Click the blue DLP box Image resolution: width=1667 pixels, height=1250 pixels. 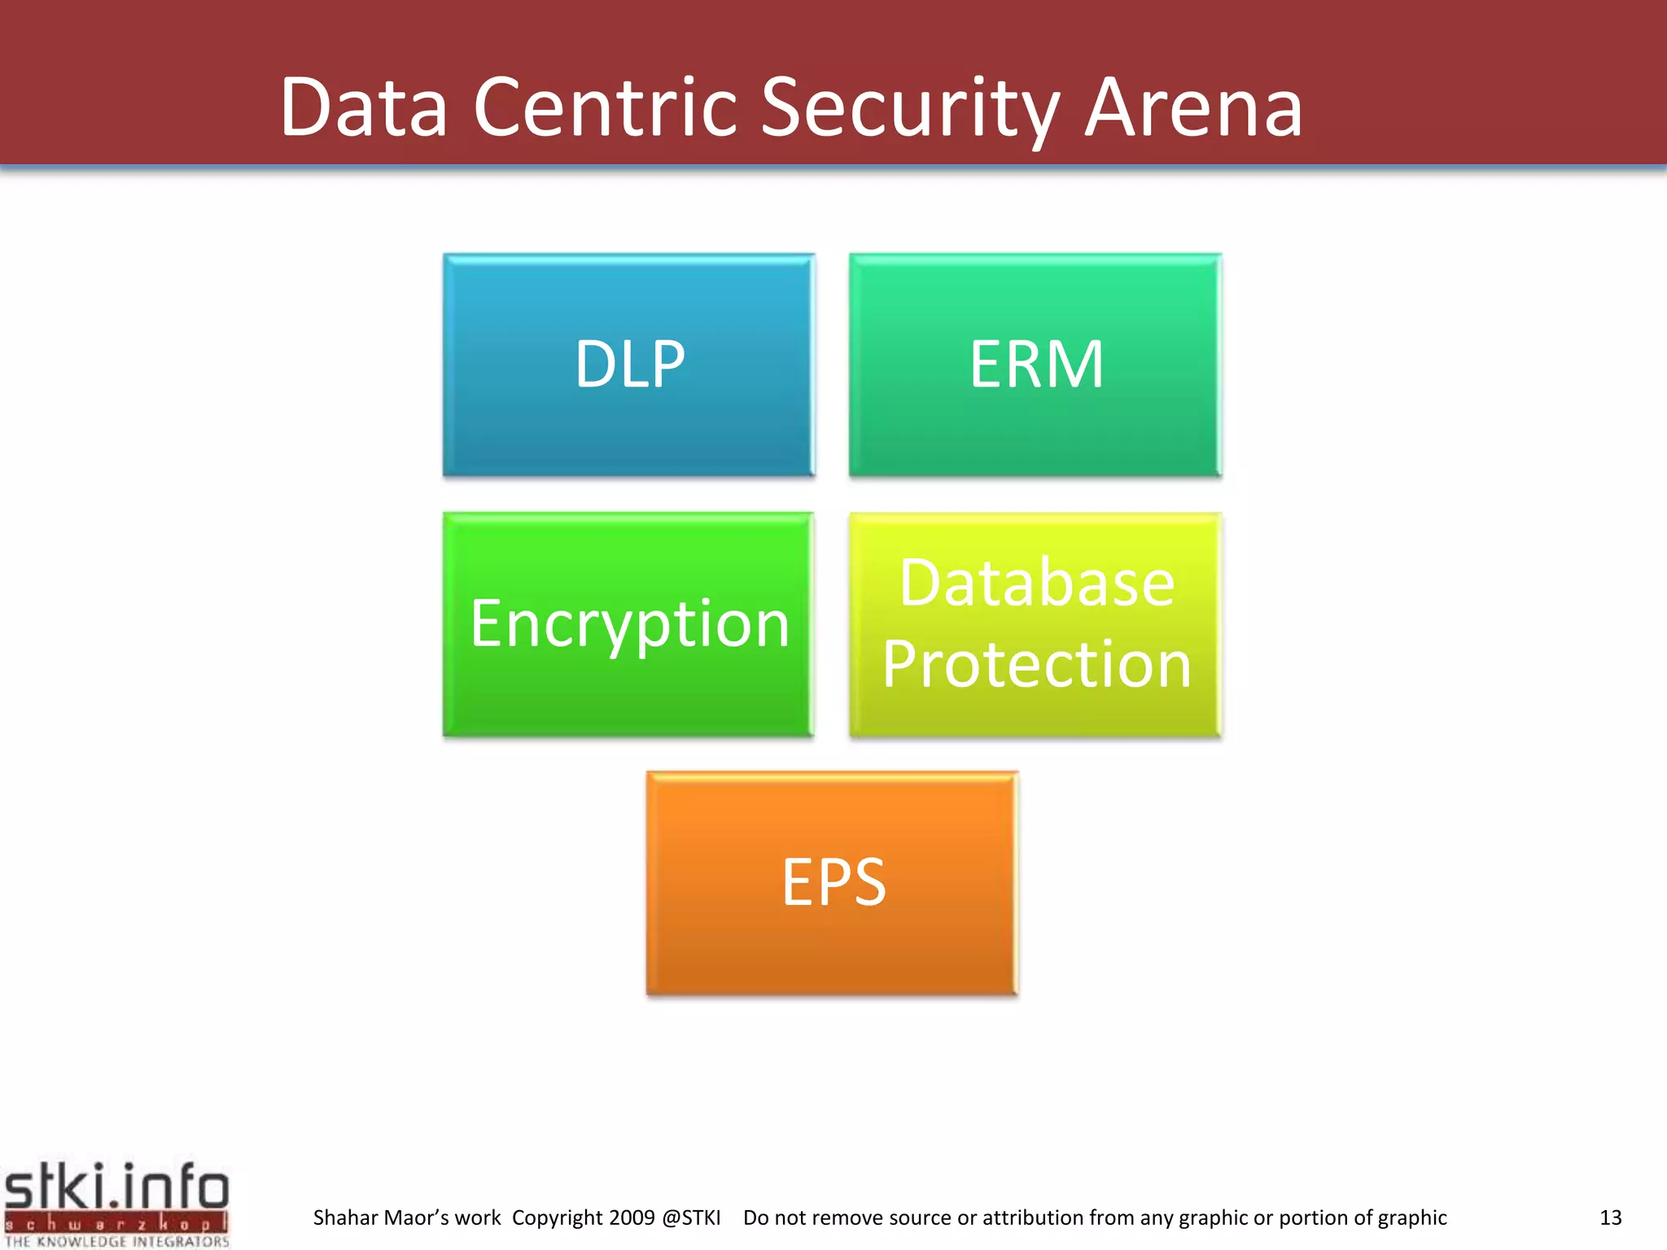tap(628, 365)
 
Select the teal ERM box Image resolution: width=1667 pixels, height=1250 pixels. tap(1035, 365)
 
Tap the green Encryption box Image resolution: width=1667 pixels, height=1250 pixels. tap(628, 624)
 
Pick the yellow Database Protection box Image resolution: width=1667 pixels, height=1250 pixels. tap(1035, 624)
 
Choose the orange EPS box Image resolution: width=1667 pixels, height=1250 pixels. tap(832, 883)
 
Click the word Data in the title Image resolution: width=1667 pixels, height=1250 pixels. tap(364, 107)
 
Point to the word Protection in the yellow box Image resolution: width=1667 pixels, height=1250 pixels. tap(1036, 664)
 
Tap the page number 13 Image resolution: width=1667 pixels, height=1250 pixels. tap(1610, 1217)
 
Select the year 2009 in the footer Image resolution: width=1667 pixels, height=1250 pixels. tap(632, 1217)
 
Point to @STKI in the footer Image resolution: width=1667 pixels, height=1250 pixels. tap(691, 1217)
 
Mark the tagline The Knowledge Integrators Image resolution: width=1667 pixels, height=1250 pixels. tap(117, 1241)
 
